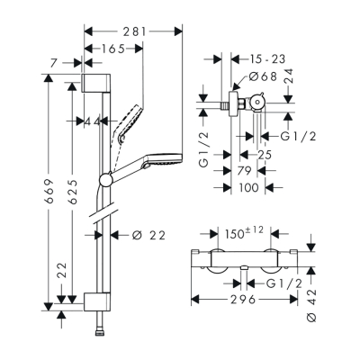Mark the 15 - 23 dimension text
tap(262, 57)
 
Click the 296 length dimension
tap(238, 301)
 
